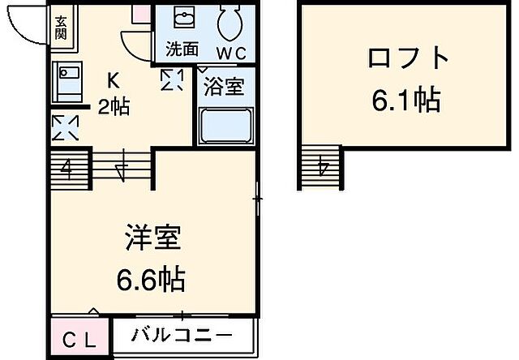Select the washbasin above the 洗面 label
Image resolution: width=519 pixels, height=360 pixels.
point(184,20)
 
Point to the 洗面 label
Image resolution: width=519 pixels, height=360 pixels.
point(182,49)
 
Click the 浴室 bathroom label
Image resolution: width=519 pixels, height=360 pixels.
point(223,87)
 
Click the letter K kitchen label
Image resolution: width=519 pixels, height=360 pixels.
point(115,80)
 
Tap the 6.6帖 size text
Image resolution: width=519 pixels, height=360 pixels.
point(152,280)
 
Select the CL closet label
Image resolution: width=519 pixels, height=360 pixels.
point(78,336)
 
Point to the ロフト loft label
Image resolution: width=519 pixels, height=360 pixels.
point(407,58)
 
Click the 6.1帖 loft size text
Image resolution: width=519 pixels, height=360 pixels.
point(407,100)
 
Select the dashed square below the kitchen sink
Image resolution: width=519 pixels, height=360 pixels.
point(65,128)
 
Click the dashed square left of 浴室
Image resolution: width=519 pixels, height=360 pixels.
point(172,79)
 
